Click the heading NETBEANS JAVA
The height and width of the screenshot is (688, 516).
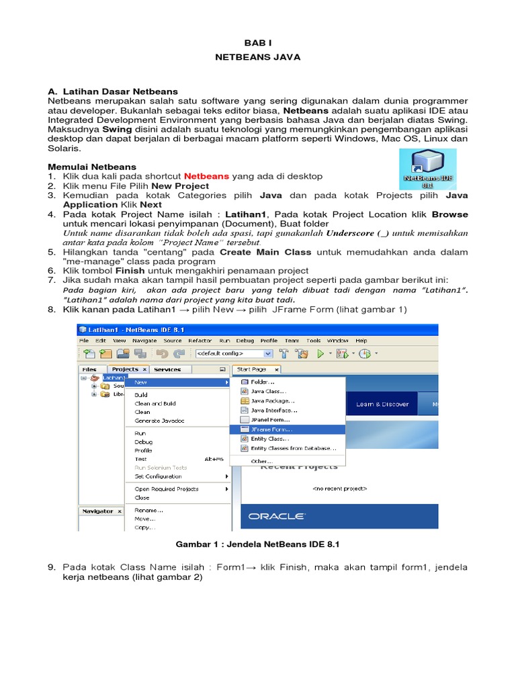257,57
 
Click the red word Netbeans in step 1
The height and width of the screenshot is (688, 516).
206,176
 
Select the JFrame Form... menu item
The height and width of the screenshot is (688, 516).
271,429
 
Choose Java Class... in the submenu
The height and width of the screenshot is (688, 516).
269,391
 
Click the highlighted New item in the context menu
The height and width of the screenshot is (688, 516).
141,382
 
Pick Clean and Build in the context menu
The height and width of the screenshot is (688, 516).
155,403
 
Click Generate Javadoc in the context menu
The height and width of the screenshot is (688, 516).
159,421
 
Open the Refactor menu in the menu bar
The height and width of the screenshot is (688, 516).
200,341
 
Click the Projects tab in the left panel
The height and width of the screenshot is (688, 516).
125,369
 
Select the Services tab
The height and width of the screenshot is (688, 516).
167,369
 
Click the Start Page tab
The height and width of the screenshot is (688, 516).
252,369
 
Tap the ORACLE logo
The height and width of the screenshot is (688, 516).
276,516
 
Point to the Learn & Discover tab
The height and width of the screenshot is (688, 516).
382,404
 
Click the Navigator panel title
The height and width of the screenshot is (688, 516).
97,511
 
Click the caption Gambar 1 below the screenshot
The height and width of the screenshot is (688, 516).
257,545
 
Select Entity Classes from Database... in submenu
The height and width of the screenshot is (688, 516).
293,448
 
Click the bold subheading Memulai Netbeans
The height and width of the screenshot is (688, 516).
92,167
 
